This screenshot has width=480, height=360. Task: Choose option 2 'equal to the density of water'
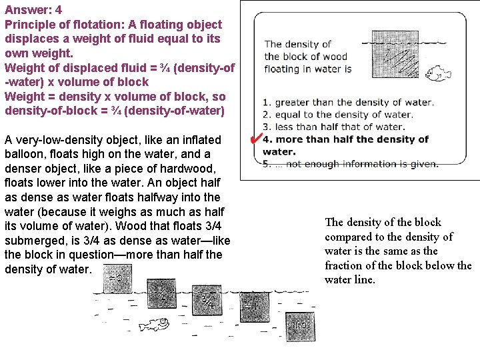click(x=343, y=115)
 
